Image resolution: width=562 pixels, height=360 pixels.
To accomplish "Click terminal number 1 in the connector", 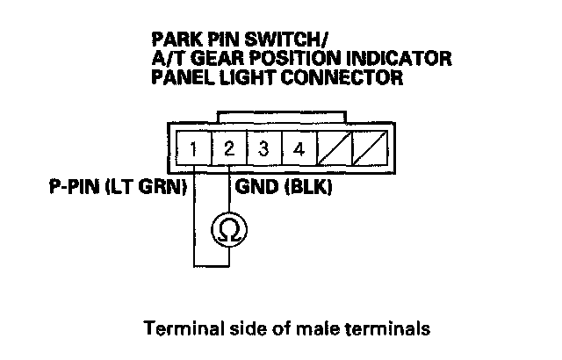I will (x=193, y=148).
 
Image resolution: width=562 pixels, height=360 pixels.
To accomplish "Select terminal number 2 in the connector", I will (x=228, y=148).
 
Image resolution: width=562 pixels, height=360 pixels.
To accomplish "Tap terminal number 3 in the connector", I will (x=263, y=148).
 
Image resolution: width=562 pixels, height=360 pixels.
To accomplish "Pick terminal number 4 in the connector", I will (x=299, y=148).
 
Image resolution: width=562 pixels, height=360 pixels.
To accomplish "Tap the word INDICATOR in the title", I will (x=406, y=60).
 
